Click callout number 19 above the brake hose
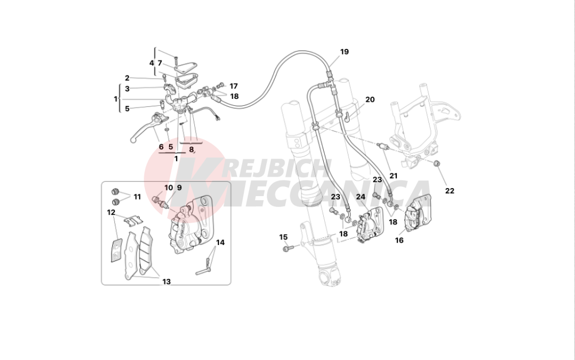point(344,52)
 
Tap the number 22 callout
point(450,191)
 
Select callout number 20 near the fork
point(370,99)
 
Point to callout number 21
point(393,175)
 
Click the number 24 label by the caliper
point(361,197)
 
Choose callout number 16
point(399,240)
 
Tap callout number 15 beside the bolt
point(283,237)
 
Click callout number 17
point(233,86)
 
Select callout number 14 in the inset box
point(220,242)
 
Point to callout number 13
point(166,282)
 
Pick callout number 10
point(168,187)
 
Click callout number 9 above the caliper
point(179,187)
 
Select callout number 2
point(127,78)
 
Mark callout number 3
point(127,89)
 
